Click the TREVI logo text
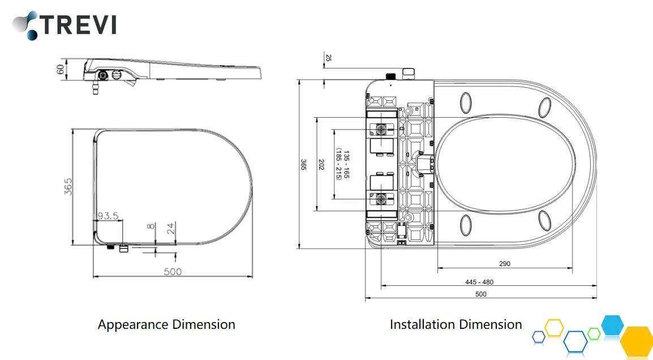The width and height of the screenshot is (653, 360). tap(78, 24)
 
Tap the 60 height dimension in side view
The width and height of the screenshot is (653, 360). tap(61, 69)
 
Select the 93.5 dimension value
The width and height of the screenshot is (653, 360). tap(108, 216)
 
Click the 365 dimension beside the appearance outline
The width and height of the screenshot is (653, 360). tap(68, 187)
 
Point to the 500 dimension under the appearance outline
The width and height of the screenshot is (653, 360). tap(173, 272)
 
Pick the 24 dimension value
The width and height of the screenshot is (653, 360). tap(171, 228)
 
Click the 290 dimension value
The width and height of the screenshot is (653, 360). tap(504, 264)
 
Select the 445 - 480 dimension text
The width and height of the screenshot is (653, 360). tap(479, 282)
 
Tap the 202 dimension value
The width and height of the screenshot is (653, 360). tap(321, 164)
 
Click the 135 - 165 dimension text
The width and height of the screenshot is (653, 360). tap(346, 164)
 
